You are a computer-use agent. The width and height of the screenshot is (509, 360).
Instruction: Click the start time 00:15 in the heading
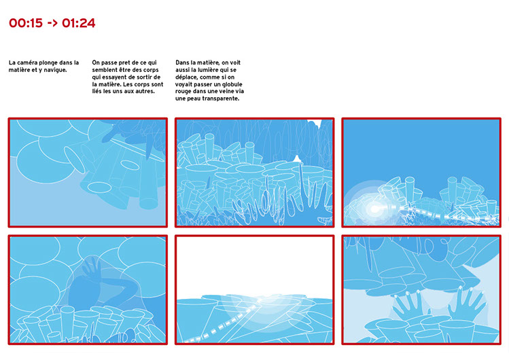[26, 23]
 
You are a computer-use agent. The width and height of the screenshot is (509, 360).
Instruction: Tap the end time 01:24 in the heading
[79, 23]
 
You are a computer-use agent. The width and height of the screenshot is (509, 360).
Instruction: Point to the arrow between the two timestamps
[52, 23]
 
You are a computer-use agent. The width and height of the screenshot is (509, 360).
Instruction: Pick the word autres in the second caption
[145, 91]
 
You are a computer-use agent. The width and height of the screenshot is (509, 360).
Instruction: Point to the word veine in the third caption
[228, 92]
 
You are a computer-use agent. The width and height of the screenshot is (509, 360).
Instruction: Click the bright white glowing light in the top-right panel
[374, 209]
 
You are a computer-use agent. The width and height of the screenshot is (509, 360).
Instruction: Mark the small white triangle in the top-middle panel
[297, 159]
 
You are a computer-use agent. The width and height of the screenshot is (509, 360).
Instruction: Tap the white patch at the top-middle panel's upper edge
[315, 122]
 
